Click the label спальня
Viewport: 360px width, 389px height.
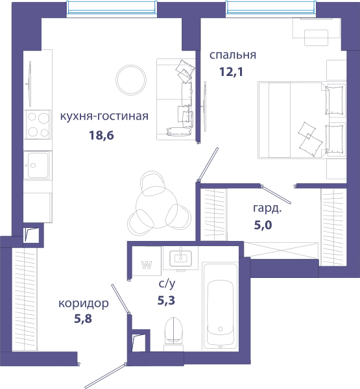[x=233, y=55]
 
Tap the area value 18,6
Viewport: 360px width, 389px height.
[x=101, y=135]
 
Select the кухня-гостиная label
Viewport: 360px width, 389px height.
[x=104, y=116]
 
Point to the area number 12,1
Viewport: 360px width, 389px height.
[x=231, y=71]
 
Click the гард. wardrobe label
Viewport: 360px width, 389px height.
[x=267, y=208]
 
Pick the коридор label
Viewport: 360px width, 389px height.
[x=84, y=303]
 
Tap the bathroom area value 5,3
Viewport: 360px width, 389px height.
[x=166, y=301]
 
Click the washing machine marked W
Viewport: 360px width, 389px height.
[x=147, y=260]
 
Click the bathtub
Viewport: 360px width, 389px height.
[x=221, y=307]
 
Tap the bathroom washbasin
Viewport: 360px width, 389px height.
[x=180, y=258]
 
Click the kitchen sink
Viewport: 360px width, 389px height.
[x=38, y=165]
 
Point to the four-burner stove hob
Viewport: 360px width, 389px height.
[x=38, y=124]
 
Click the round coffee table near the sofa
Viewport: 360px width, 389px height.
[x=131, y=80]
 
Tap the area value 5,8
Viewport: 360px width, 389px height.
[x=83, y=319]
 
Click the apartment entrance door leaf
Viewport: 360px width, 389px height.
[x=105, y=376]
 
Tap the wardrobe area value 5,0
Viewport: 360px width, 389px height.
[x=263, y=225]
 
